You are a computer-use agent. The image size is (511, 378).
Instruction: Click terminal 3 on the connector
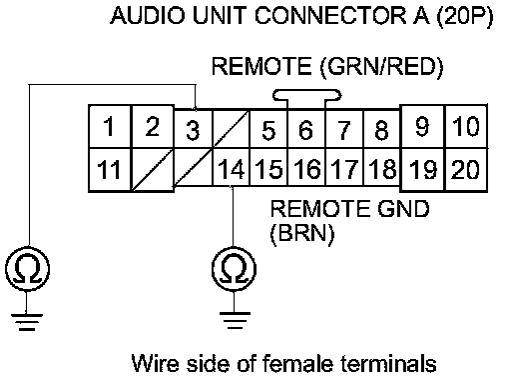pos(193,129)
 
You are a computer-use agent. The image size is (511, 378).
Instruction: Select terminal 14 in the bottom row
pos(231,167)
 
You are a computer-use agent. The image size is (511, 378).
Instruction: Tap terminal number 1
pos(110,127)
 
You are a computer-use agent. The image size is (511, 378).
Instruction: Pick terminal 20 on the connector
pos(465,170)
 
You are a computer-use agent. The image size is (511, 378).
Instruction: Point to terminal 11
pos(110,170)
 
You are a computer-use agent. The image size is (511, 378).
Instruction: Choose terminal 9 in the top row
pos(422,127)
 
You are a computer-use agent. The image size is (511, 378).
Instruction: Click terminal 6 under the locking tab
pos(306,129)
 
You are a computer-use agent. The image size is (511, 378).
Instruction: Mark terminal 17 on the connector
pos(344,167)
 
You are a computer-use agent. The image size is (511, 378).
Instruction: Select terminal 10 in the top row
pos(466,127)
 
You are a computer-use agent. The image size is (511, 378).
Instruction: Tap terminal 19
pos(422,170)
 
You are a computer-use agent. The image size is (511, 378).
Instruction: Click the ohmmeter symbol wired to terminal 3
pos(28,269)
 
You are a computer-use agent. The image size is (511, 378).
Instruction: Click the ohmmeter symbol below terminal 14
pos(234,269)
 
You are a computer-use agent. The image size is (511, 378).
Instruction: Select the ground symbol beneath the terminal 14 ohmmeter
pos(235,320)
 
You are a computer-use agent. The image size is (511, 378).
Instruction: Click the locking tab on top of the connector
pos(306,95)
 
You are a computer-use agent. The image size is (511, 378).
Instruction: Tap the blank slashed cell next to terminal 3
pos(231,129)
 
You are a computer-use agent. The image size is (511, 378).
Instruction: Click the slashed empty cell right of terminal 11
pos(153,170)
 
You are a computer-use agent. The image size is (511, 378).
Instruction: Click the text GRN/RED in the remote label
pos(381,67)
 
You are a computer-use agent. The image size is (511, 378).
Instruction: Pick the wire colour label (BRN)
pos(302,233)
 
